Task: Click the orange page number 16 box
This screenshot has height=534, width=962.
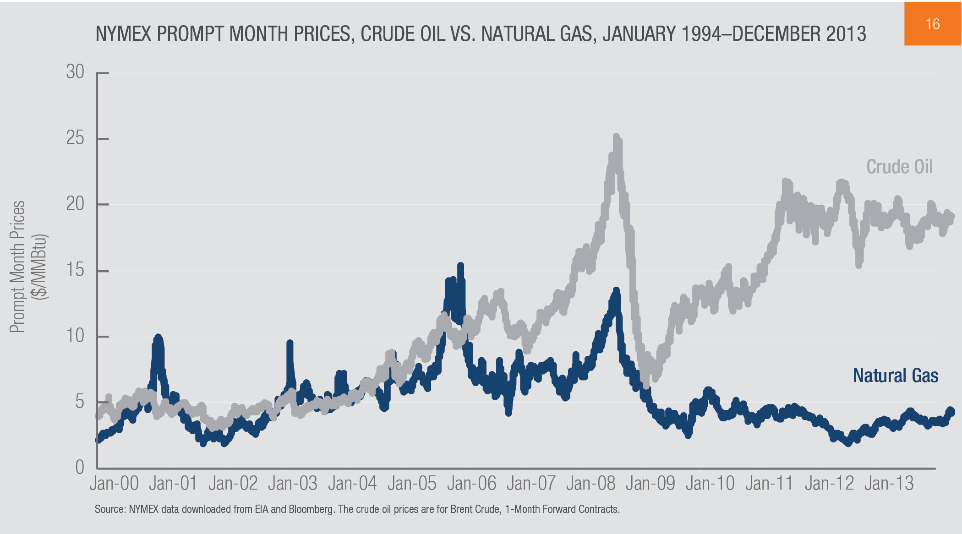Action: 933,24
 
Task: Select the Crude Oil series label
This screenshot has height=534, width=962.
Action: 899,167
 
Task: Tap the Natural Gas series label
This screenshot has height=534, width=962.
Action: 895,376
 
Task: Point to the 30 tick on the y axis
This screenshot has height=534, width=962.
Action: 76,72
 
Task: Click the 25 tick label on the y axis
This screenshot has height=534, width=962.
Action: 76,138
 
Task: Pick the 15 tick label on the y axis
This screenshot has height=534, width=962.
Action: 76,270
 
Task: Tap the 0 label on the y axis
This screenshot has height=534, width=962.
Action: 80,468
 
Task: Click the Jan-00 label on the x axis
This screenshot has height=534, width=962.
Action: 114,484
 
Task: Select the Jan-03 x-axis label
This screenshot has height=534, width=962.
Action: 293,484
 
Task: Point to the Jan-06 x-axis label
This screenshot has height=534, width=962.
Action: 471,484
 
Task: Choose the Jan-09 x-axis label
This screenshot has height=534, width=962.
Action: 650,484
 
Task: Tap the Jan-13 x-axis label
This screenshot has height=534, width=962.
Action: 889,484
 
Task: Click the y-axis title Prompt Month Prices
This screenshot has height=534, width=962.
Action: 17,267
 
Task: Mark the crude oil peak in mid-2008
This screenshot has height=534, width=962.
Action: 617,137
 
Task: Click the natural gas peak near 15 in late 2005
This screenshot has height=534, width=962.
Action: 460,266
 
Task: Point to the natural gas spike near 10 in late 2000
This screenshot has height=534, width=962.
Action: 158,338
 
